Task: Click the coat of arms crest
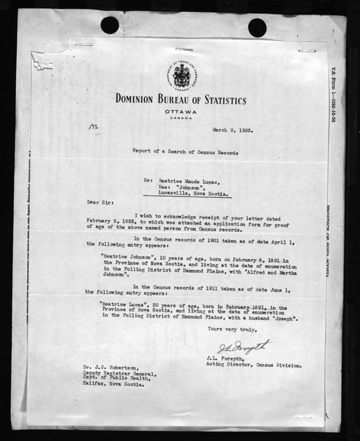click(x=180, y=75)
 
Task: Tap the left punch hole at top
click(x=109, y=25)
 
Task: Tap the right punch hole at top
click(x=257, y=27)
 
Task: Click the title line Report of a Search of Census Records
click(x=185, y=153)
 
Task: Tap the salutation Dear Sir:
click(x=100, y=203)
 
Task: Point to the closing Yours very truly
click(x=231, y=329)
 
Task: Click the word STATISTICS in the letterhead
click(x=219, y=100)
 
